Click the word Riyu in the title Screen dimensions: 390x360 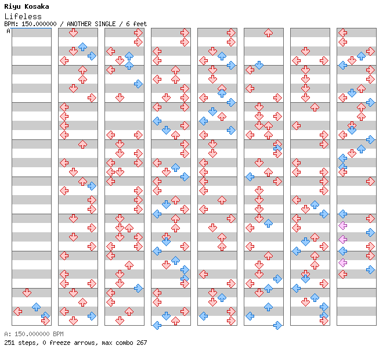point(12,6)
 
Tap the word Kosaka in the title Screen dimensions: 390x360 point(37,6)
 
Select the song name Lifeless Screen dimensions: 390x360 point(23,16)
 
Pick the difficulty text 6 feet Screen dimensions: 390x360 point(136,24)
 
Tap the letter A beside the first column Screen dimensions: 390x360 point(8,31)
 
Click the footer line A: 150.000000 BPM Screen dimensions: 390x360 point(34,334)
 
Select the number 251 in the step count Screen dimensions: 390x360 point(9,343)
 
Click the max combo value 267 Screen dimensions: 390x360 point(142,343)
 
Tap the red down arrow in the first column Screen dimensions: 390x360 point(27,293)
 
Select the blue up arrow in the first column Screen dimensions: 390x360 point(37,307)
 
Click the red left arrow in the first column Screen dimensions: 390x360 point(17,311)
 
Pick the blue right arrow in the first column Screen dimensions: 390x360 point(45,316)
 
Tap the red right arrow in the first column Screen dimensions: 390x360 point(45,321)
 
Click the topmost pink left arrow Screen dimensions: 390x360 point(343,226)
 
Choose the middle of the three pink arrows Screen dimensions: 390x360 point(343,239)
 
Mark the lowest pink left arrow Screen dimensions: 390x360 point(343,262)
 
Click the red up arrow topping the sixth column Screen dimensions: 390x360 point(268,33)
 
